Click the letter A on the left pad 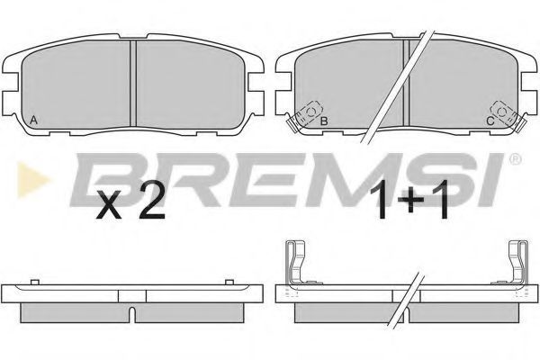[x=33, y=121]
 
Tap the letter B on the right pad [x=324, y=121]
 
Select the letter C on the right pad [x=490, y=121]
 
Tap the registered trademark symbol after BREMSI [x=515, y=158]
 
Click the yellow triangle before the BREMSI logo [x=32, y=179]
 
